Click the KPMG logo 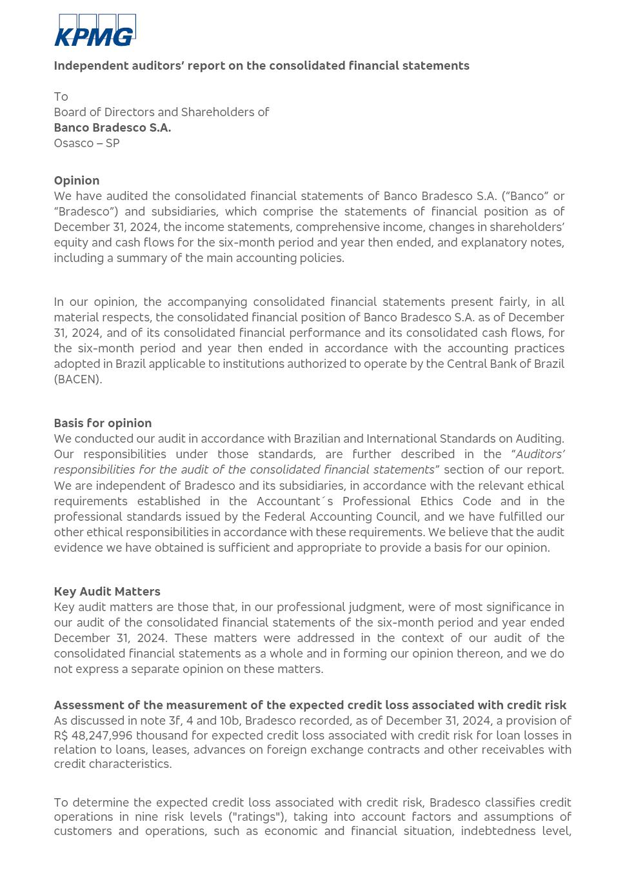pos(95,30)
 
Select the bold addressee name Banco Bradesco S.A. pos(112,128)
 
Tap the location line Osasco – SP pos(86,143)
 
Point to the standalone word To pos(61,97)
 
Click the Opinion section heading pos(76,181)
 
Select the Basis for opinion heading pos(103,423)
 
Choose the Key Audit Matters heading pos(107,592)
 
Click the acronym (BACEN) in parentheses pos(77,379)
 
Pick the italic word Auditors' pos(540,454)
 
